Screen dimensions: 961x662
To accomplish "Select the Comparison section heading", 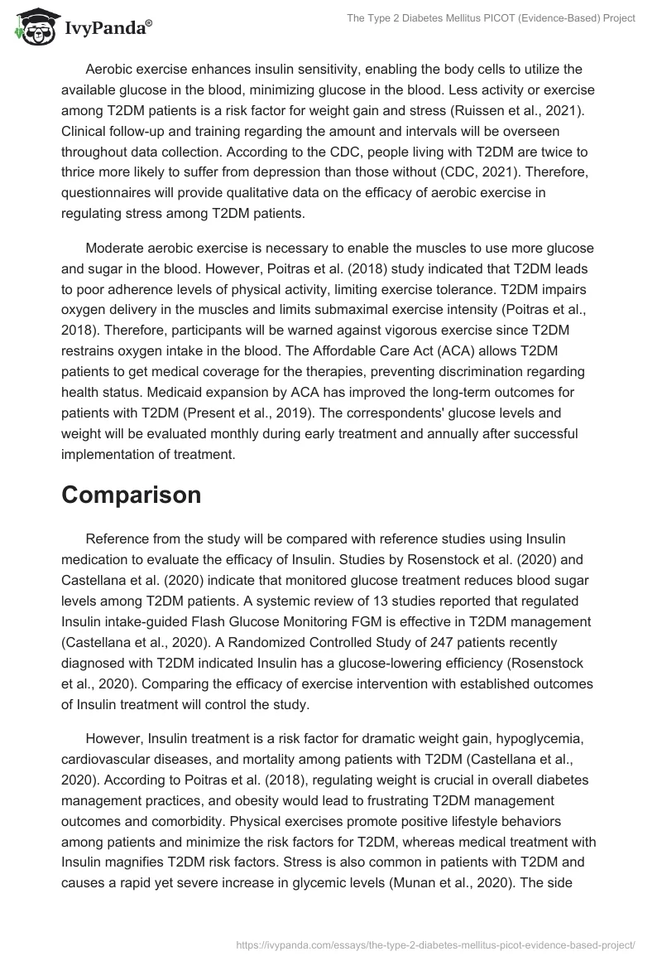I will click(132, 495).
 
